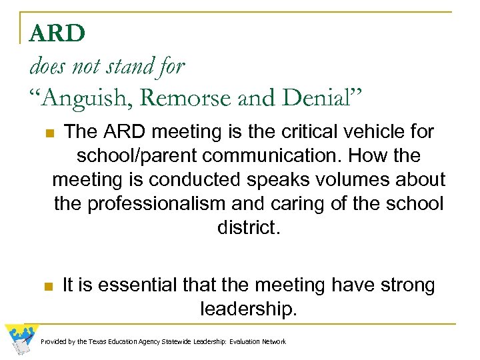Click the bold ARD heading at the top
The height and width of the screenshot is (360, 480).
pos(57,33)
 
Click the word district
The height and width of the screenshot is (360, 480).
pos(248,228)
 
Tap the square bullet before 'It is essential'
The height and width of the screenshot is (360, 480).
pos(48,287)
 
